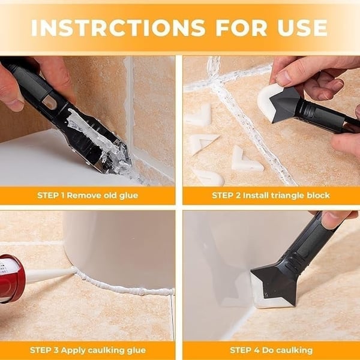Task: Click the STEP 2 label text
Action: (230, 196)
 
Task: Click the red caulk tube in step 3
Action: (11, 277)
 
